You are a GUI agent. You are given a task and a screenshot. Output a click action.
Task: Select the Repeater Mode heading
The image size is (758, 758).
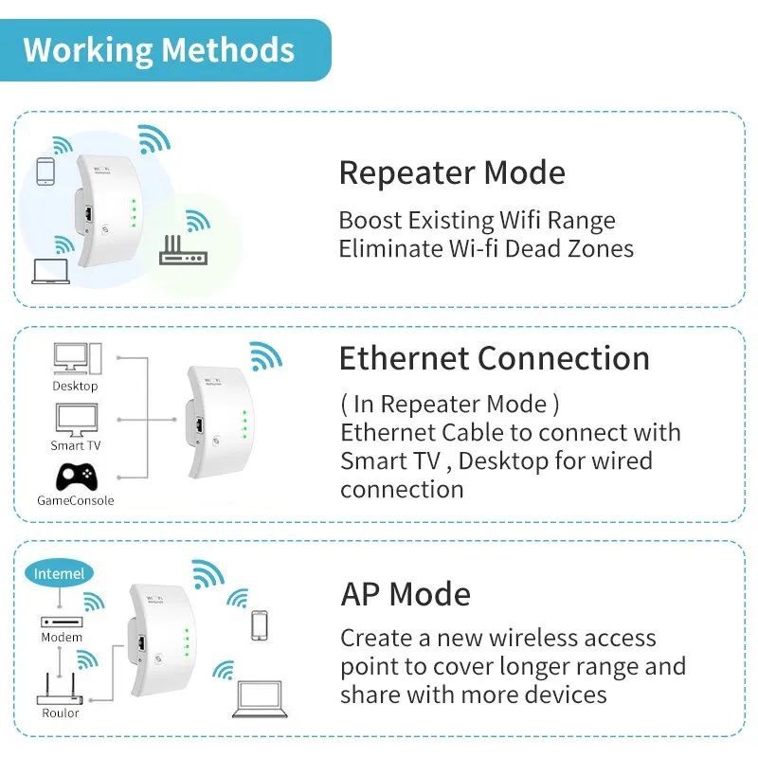point(452,173)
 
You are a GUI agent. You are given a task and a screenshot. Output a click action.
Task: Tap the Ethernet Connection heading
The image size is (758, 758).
point(495,359)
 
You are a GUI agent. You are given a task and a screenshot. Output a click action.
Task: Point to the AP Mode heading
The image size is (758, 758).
point(406,594)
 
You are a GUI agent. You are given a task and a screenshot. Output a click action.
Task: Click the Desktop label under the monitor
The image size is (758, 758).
point(75,387)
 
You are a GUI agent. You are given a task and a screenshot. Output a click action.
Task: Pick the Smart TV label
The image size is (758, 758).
point(75,445)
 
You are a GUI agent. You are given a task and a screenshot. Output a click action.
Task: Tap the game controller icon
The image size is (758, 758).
point(74,476)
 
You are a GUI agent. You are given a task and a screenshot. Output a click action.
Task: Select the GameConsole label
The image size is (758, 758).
point(75,499)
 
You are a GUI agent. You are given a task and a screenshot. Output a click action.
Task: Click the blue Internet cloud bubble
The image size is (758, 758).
point(59,573)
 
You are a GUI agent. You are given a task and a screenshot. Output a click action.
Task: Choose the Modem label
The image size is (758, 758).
point(62,638)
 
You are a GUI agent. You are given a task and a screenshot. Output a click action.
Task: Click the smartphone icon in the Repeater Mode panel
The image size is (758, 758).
point(45,171)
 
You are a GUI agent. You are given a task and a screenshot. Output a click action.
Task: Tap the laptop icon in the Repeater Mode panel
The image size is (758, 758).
point(51,270)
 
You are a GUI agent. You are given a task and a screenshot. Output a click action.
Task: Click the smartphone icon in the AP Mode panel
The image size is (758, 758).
point(260,626)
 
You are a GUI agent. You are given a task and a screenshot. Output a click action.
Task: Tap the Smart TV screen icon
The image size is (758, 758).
point(74,418)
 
